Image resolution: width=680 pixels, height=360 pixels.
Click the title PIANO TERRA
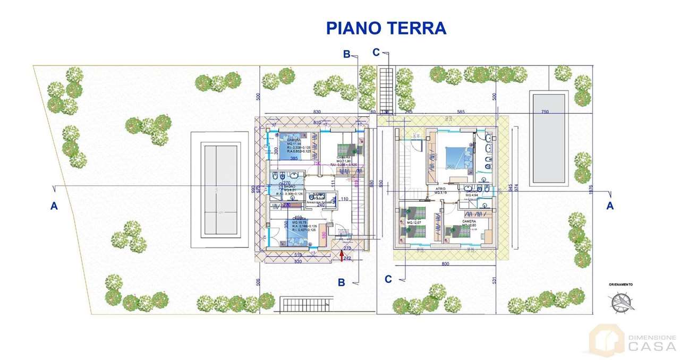click(x=386, y=28)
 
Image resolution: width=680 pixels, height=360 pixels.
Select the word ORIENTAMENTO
click(x=620, y=285)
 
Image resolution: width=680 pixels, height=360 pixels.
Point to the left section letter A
click(x=54, y=206)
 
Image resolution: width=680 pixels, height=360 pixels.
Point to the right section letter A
click(x=610, y=205)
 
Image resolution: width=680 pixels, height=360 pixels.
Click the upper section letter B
click(x=346, y=54)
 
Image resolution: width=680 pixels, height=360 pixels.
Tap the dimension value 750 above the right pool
click(x=545, y=112)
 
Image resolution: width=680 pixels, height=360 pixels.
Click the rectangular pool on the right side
click(x=548, y=138)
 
